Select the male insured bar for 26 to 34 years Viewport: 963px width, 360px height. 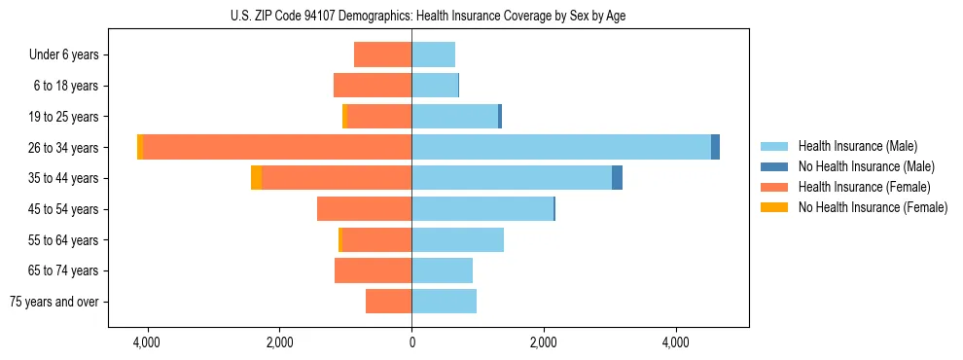click(x=561, y=147)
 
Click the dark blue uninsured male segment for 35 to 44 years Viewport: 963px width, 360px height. click(x=617, y=178)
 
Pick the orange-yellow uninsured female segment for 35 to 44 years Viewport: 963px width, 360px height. click(x=256, y=178)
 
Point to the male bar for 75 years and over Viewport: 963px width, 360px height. click(x=444, y=302)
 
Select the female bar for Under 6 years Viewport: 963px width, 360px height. click(x=382, y=54)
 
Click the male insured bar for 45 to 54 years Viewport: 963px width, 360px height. click(x=482, y=209)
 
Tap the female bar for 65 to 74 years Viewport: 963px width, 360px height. click(x=373, y=270)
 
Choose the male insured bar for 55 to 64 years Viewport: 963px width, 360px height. click(x=457, y=239)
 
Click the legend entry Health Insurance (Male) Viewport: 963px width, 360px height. click(x=857, y=146)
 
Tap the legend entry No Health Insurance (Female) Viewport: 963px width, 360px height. click(x=873, y=207)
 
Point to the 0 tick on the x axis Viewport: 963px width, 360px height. click(x=411, y=343)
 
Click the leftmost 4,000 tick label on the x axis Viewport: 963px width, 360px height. click(x=147, y=343)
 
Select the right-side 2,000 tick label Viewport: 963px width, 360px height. click(x=544, y=343)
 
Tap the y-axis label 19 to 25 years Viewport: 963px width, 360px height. click(x=63, y=117)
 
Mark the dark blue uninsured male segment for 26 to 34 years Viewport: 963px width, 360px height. click(x=715, y=147)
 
